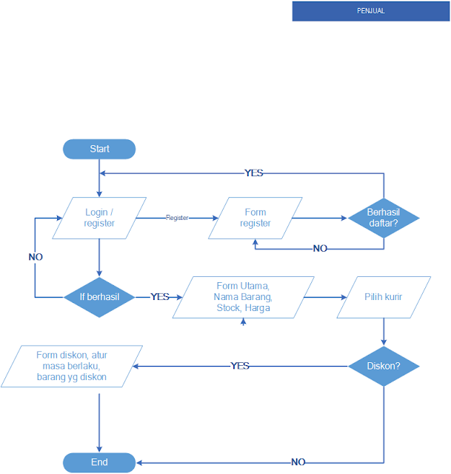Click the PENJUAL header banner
[x=370, y=11]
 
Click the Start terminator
[x=99, y=149]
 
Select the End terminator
[x=99, y=462]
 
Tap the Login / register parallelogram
[x=99, y=218]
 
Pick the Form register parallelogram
[x=255, y=218]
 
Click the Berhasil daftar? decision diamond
[x=384, y=218]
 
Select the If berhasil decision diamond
[x=99, y=297]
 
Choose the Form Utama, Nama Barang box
[x=243, y=297]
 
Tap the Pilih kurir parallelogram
[x=384, y=297]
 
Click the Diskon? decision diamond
[x=384, y=366]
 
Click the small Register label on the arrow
[x=177, y=218]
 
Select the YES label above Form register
[x=254, y=173]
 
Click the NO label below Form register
[x=320, y=249]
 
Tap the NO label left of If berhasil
[x=36, y=257]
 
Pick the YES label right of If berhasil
[x=160, y=297]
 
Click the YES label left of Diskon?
[x=240, y=366]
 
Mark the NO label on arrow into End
[x=298, y=462]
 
